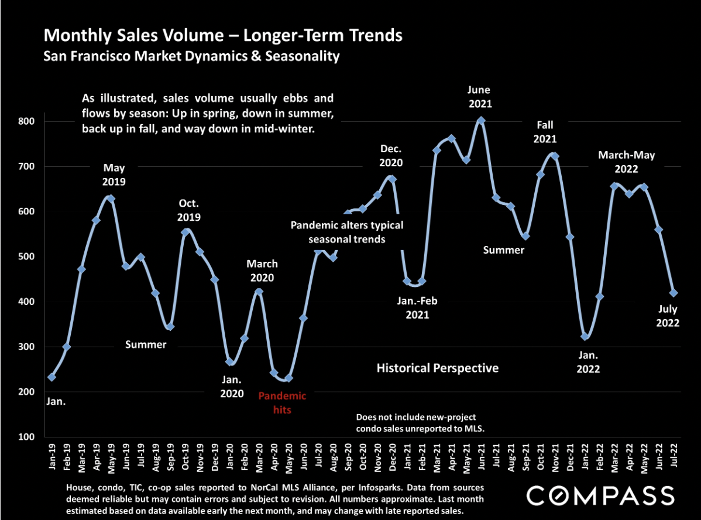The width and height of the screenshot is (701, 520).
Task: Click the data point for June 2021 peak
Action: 481,121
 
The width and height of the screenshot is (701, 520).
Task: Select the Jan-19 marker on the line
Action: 51,377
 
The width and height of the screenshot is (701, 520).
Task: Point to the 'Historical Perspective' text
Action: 438,368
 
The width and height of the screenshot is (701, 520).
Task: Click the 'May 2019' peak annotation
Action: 114,175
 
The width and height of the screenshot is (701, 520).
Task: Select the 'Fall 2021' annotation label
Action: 545,132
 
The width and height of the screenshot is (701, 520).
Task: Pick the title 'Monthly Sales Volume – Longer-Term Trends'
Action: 223,36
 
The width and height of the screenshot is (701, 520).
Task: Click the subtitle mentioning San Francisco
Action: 192,57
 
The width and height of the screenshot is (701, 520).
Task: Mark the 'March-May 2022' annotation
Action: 626,162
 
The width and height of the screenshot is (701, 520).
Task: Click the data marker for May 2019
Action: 111,199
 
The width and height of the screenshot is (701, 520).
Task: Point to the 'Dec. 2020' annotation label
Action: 390,155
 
